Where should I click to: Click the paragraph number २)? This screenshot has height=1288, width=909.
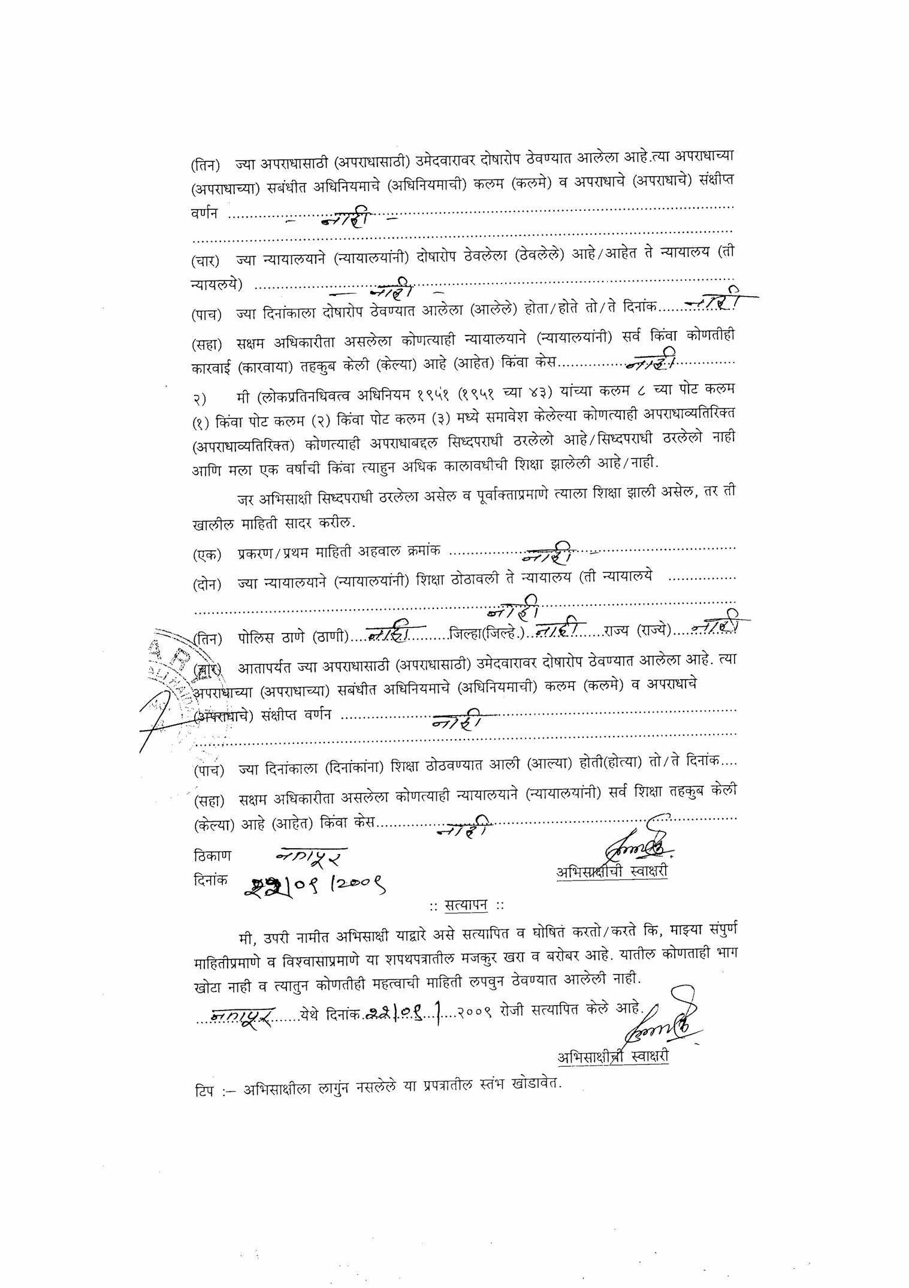[200, 397]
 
